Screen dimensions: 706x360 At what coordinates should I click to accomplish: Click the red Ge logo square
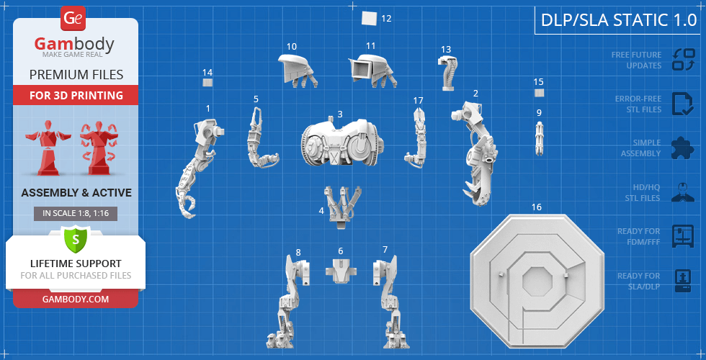[73, 19]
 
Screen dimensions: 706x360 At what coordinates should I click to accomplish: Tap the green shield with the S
[76, 239]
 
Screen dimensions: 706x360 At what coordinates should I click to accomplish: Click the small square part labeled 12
[369, 19]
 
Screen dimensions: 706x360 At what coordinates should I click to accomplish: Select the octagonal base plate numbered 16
[537, 281]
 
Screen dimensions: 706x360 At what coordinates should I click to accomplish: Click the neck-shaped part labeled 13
[448, 73]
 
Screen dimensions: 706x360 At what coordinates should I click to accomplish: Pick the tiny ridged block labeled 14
[207, 82]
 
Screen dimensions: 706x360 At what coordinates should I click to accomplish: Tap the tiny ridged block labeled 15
[539, 93]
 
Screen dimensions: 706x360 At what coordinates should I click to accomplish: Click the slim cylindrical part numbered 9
[540, 138]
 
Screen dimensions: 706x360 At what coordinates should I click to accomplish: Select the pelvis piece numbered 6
[341, 271]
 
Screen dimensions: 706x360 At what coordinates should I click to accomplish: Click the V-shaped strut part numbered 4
[343, 204]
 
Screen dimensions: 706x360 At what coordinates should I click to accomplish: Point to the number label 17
[419, 100]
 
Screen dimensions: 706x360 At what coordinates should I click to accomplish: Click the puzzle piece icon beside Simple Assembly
[682, 148]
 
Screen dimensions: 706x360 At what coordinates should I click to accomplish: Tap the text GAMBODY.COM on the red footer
[76, 299]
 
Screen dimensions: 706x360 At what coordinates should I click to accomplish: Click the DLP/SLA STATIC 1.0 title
[619, 20]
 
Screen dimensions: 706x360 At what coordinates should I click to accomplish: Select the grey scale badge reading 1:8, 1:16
[76, 214]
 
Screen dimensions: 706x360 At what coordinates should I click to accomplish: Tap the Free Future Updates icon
[684, 60]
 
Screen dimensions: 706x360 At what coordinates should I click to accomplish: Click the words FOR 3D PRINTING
[76, 95]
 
